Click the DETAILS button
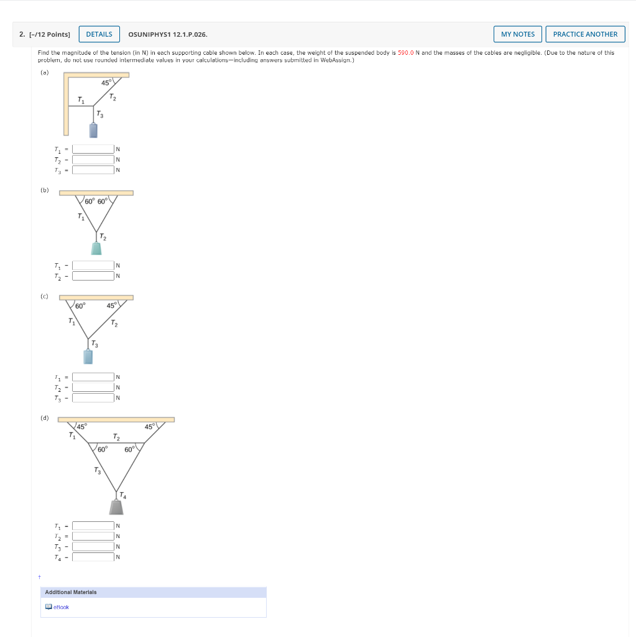99,34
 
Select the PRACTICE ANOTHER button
585,34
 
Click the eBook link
61,607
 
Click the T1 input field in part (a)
93,149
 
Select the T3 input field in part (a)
93,169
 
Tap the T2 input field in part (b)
93,276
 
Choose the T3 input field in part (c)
93,398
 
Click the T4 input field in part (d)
93,557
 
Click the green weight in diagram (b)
96,248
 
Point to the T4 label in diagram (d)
122,496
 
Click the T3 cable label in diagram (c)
94,343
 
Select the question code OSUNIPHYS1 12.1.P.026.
168,34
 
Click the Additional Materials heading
70,592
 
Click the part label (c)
44,296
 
